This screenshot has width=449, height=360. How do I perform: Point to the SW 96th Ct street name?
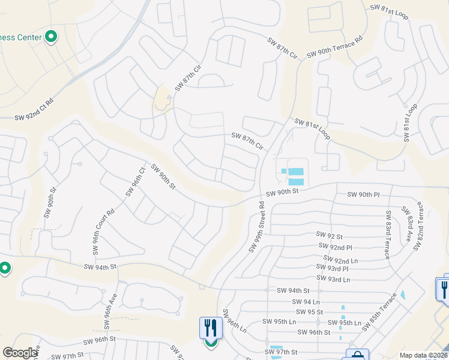(x=136, y=182)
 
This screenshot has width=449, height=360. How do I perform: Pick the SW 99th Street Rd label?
(x=257, y=227)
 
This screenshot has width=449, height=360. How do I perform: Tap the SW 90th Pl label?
(x=364, y=195)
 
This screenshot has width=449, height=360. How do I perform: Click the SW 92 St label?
(x=330, y=236)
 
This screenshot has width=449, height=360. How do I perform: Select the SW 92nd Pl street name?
(x=335, y=247)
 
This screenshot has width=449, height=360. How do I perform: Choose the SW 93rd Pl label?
(x=333, y=268)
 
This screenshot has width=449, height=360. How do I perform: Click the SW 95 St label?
(x=310, y=312)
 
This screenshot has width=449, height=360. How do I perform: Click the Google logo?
(x=20, y=353)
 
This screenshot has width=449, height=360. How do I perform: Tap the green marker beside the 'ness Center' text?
(x=51, y=37)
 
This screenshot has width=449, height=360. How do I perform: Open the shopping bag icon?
(x=357, y=356)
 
